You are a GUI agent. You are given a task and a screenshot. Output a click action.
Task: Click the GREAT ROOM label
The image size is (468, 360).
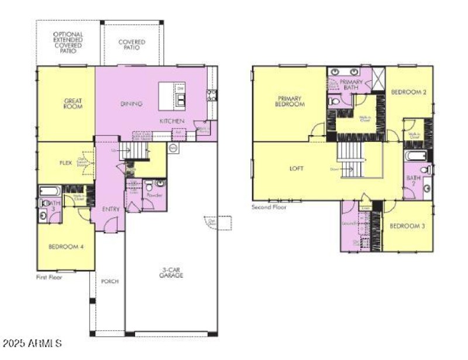click(73, 104)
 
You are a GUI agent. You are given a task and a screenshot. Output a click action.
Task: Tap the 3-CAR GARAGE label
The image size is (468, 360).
click(171, 272)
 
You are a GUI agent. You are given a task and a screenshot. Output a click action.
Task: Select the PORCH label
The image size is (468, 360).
click(109, 282)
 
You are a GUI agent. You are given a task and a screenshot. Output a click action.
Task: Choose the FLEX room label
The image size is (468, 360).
click(65, 163)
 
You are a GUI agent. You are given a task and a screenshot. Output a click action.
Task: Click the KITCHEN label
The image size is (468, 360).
click(173, 121)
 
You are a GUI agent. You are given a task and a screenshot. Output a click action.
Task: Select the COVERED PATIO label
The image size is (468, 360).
click(132, 45)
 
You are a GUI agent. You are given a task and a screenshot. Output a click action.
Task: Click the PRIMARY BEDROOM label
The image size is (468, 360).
click(290, 101)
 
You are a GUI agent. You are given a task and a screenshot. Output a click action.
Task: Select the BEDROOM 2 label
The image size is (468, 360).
click(408, 92)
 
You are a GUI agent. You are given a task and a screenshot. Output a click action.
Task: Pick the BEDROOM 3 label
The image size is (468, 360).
click(407, 226)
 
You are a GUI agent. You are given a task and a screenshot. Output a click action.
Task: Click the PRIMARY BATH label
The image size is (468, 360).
click(351, 85)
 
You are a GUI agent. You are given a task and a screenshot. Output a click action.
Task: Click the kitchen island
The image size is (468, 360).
click(171, 96)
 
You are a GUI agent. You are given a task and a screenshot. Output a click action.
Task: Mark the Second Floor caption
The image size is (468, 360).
click(269, 207)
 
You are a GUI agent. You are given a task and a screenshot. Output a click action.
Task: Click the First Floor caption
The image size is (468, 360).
click(49, 277)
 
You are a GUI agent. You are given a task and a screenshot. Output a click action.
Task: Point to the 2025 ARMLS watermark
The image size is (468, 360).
click(32, 342)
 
